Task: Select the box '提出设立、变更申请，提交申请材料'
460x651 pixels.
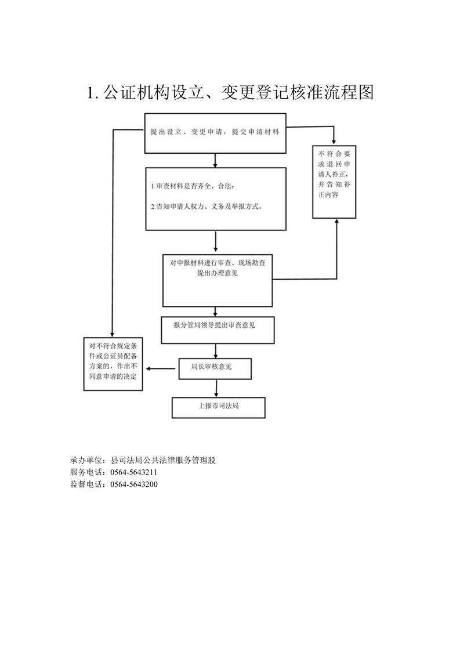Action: point(215,133)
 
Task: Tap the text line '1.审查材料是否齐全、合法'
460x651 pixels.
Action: point(192,186)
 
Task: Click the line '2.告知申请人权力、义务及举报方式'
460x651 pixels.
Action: point(207,207)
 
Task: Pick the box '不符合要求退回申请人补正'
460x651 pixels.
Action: point(334,182)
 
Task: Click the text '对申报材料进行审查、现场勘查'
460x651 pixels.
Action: point(218,263)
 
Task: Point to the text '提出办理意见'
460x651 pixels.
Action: point(218,273)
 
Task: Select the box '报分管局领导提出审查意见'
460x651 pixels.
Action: point(218,330)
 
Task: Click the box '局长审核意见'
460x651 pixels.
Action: point(215,368)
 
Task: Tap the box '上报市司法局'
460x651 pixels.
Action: point(218,408)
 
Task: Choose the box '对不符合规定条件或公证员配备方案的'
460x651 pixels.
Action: point(113,364)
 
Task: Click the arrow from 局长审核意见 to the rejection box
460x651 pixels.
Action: point(160,368)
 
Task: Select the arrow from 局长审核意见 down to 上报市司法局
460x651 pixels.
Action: point(216,388)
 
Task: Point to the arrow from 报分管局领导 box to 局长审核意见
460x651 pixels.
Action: point(215,351)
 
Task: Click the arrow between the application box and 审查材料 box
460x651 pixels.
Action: point(215,161)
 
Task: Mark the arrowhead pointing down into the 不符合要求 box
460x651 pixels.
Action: point(334,142)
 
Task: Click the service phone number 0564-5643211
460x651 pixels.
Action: point(133,472)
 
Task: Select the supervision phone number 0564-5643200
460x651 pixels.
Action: point(133,484)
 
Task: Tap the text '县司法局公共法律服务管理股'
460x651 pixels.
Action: point(163,460)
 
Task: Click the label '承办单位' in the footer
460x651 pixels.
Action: point(86,460)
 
